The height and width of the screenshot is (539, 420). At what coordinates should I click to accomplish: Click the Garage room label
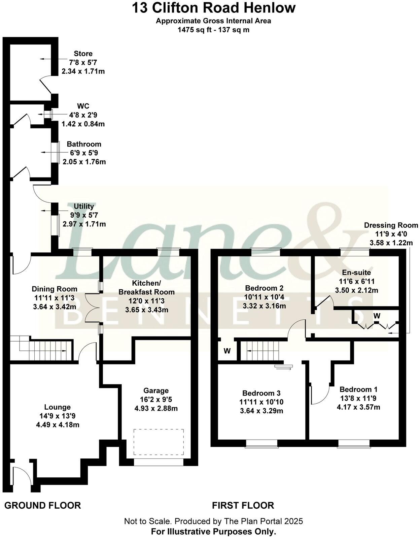click(x=155, y=390)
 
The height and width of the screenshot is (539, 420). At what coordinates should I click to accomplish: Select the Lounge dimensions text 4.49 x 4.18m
click(x=58, y=425)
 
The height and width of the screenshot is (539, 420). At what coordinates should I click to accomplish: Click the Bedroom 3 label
click(x=261, y=393)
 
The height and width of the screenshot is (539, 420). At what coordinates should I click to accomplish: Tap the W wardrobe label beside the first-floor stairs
click(x=227, y=351)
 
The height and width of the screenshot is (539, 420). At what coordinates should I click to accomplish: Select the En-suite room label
click(x=356, y=272)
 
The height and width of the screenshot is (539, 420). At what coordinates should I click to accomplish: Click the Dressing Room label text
click(x=391, y=225)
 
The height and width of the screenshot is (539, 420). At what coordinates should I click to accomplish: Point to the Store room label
click(x=83, y=54)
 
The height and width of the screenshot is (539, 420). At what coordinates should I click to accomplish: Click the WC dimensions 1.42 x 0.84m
click(x=83, y=124)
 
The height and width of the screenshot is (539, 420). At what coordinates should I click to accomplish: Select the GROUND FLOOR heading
click(x=42, y=505)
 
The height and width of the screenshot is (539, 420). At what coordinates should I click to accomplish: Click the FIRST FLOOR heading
click(x=243, y=505)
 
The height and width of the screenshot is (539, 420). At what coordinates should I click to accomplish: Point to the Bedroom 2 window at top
click(x=266, y=252)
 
